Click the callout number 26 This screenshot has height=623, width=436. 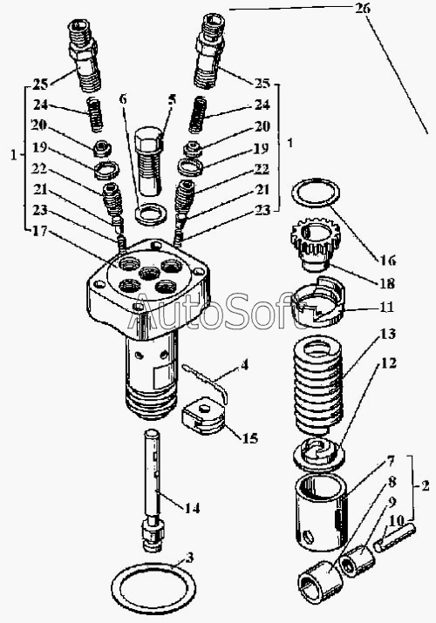click(363, 8)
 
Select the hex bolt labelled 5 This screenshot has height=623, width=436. click(149, 161)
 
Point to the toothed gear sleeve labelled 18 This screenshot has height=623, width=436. click(310, 247)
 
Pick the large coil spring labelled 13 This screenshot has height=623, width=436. click(317, 384)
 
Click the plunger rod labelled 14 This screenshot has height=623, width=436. click(153, 491)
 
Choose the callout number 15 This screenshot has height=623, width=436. click(249, 438)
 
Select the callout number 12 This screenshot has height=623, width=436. click(388, 362)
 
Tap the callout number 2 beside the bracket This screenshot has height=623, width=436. click(425, 485)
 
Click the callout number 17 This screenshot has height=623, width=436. click(40, 230)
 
